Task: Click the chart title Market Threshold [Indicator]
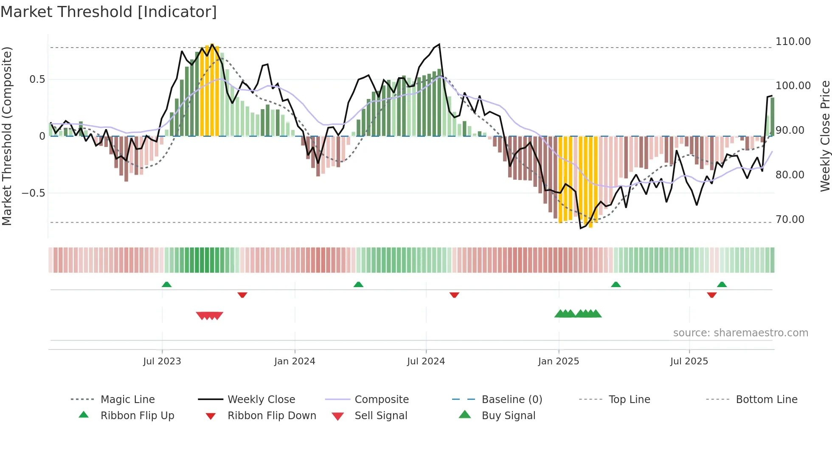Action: click(109, 12)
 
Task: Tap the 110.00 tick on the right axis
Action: click(793, 42)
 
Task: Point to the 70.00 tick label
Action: click(790, 220)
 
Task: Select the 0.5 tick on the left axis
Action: click(37, 79)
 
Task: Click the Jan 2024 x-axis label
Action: click(295, 361)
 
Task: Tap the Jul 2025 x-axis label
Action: click(689, 361)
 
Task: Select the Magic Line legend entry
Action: click(127, 400)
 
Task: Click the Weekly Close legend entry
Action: click(261, 400)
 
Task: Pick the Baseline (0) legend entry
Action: click(512, 400)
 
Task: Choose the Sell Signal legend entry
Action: click(381, 416)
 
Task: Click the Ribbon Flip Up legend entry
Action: click(137, 416)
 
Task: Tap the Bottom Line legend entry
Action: click(766, 400)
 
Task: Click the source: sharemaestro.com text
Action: click(740, 333)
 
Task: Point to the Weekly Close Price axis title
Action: click(825, 136)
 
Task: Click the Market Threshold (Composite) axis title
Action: click(7, 136)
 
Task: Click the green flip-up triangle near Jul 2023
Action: click(166, 285)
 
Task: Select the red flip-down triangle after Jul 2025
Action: click(712, 295)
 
